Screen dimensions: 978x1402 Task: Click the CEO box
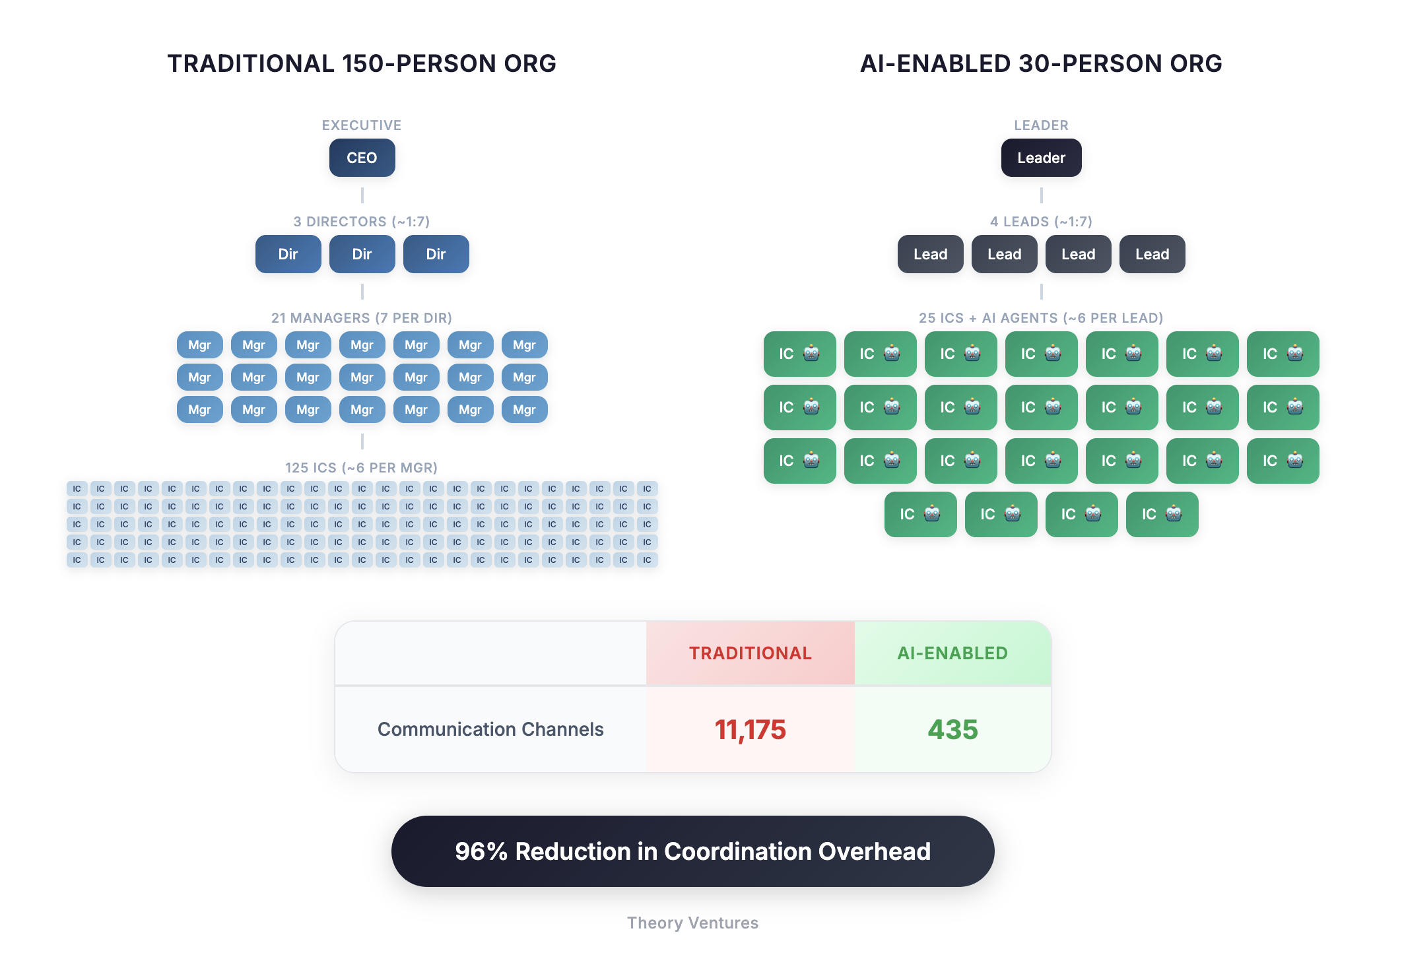coord(362,158)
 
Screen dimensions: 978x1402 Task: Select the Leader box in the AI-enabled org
coord(1041,158)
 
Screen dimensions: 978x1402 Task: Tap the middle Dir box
coord(362,254)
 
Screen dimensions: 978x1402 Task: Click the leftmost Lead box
coord(930,254)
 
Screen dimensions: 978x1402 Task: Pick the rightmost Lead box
coord(1152,254)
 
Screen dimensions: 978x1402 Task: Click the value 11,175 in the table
coord(750,730)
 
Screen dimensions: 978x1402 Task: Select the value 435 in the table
coord(952,730)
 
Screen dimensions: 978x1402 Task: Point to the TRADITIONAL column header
coord(750,653)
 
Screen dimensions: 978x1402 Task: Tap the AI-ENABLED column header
coord(952,653)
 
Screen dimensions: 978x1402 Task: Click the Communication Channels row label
coord(490,729)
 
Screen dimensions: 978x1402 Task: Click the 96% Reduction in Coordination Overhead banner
coord(692,851)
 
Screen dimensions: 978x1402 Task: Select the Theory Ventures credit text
coord(692,923)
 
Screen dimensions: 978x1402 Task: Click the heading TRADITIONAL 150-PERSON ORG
coord(362,64)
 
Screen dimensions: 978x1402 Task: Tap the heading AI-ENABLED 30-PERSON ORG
coord(1041,64)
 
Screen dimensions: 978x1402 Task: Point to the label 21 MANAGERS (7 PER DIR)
coord(362,318)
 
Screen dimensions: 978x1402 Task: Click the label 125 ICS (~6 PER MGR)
coord(362,468)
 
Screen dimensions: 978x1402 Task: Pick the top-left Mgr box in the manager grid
coord(199,344)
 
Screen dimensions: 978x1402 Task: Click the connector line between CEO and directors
coord(362,195)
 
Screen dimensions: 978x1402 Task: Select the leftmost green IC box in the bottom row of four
coord(920,514)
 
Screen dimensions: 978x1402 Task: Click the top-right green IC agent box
coord(1283,354)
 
